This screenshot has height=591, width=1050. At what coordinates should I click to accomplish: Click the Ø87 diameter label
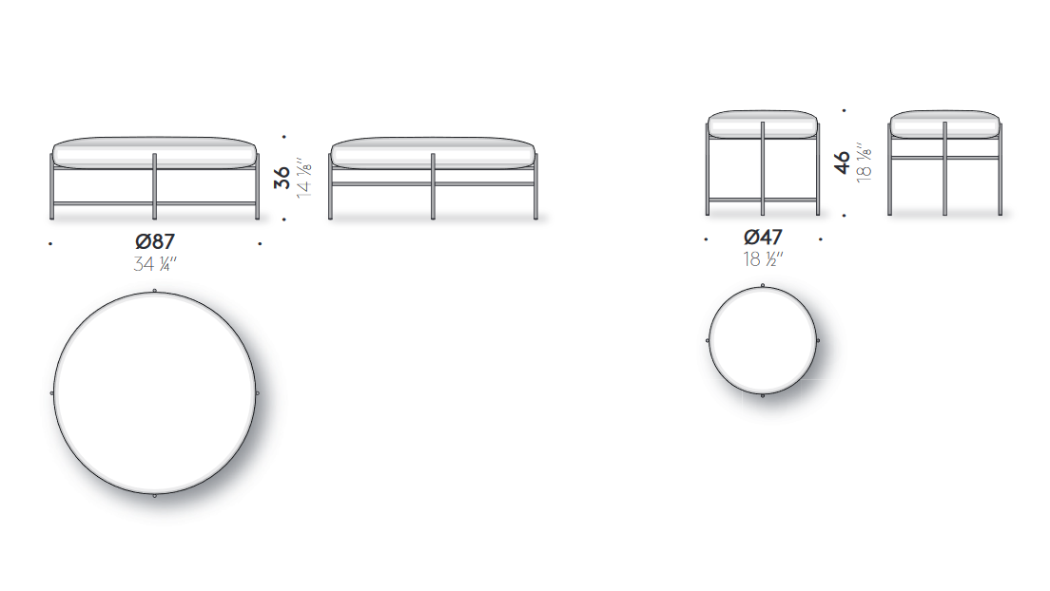point(155,241)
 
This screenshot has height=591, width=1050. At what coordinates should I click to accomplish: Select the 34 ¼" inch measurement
point(155,264)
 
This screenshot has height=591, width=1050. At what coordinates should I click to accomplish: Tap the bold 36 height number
point(282,178)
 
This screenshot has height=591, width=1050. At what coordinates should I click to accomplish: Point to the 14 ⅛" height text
point(304,178)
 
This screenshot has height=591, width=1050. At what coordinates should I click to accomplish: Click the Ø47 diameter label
point(763,237)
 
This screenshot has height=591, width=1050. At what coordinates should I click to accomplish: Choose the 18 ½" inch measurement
point(763,258)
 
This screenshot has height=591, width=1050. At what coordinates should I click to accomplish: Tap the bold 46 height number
point(842,162)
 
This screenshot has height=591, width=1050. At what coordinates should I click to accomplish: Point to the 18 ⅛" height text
point(864,162)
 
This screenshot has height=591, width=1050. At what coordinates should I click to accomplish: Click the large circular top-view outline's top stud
point(155,291)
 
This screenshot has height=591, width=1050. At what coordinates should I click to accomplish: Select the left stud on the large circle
point(52,392)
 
